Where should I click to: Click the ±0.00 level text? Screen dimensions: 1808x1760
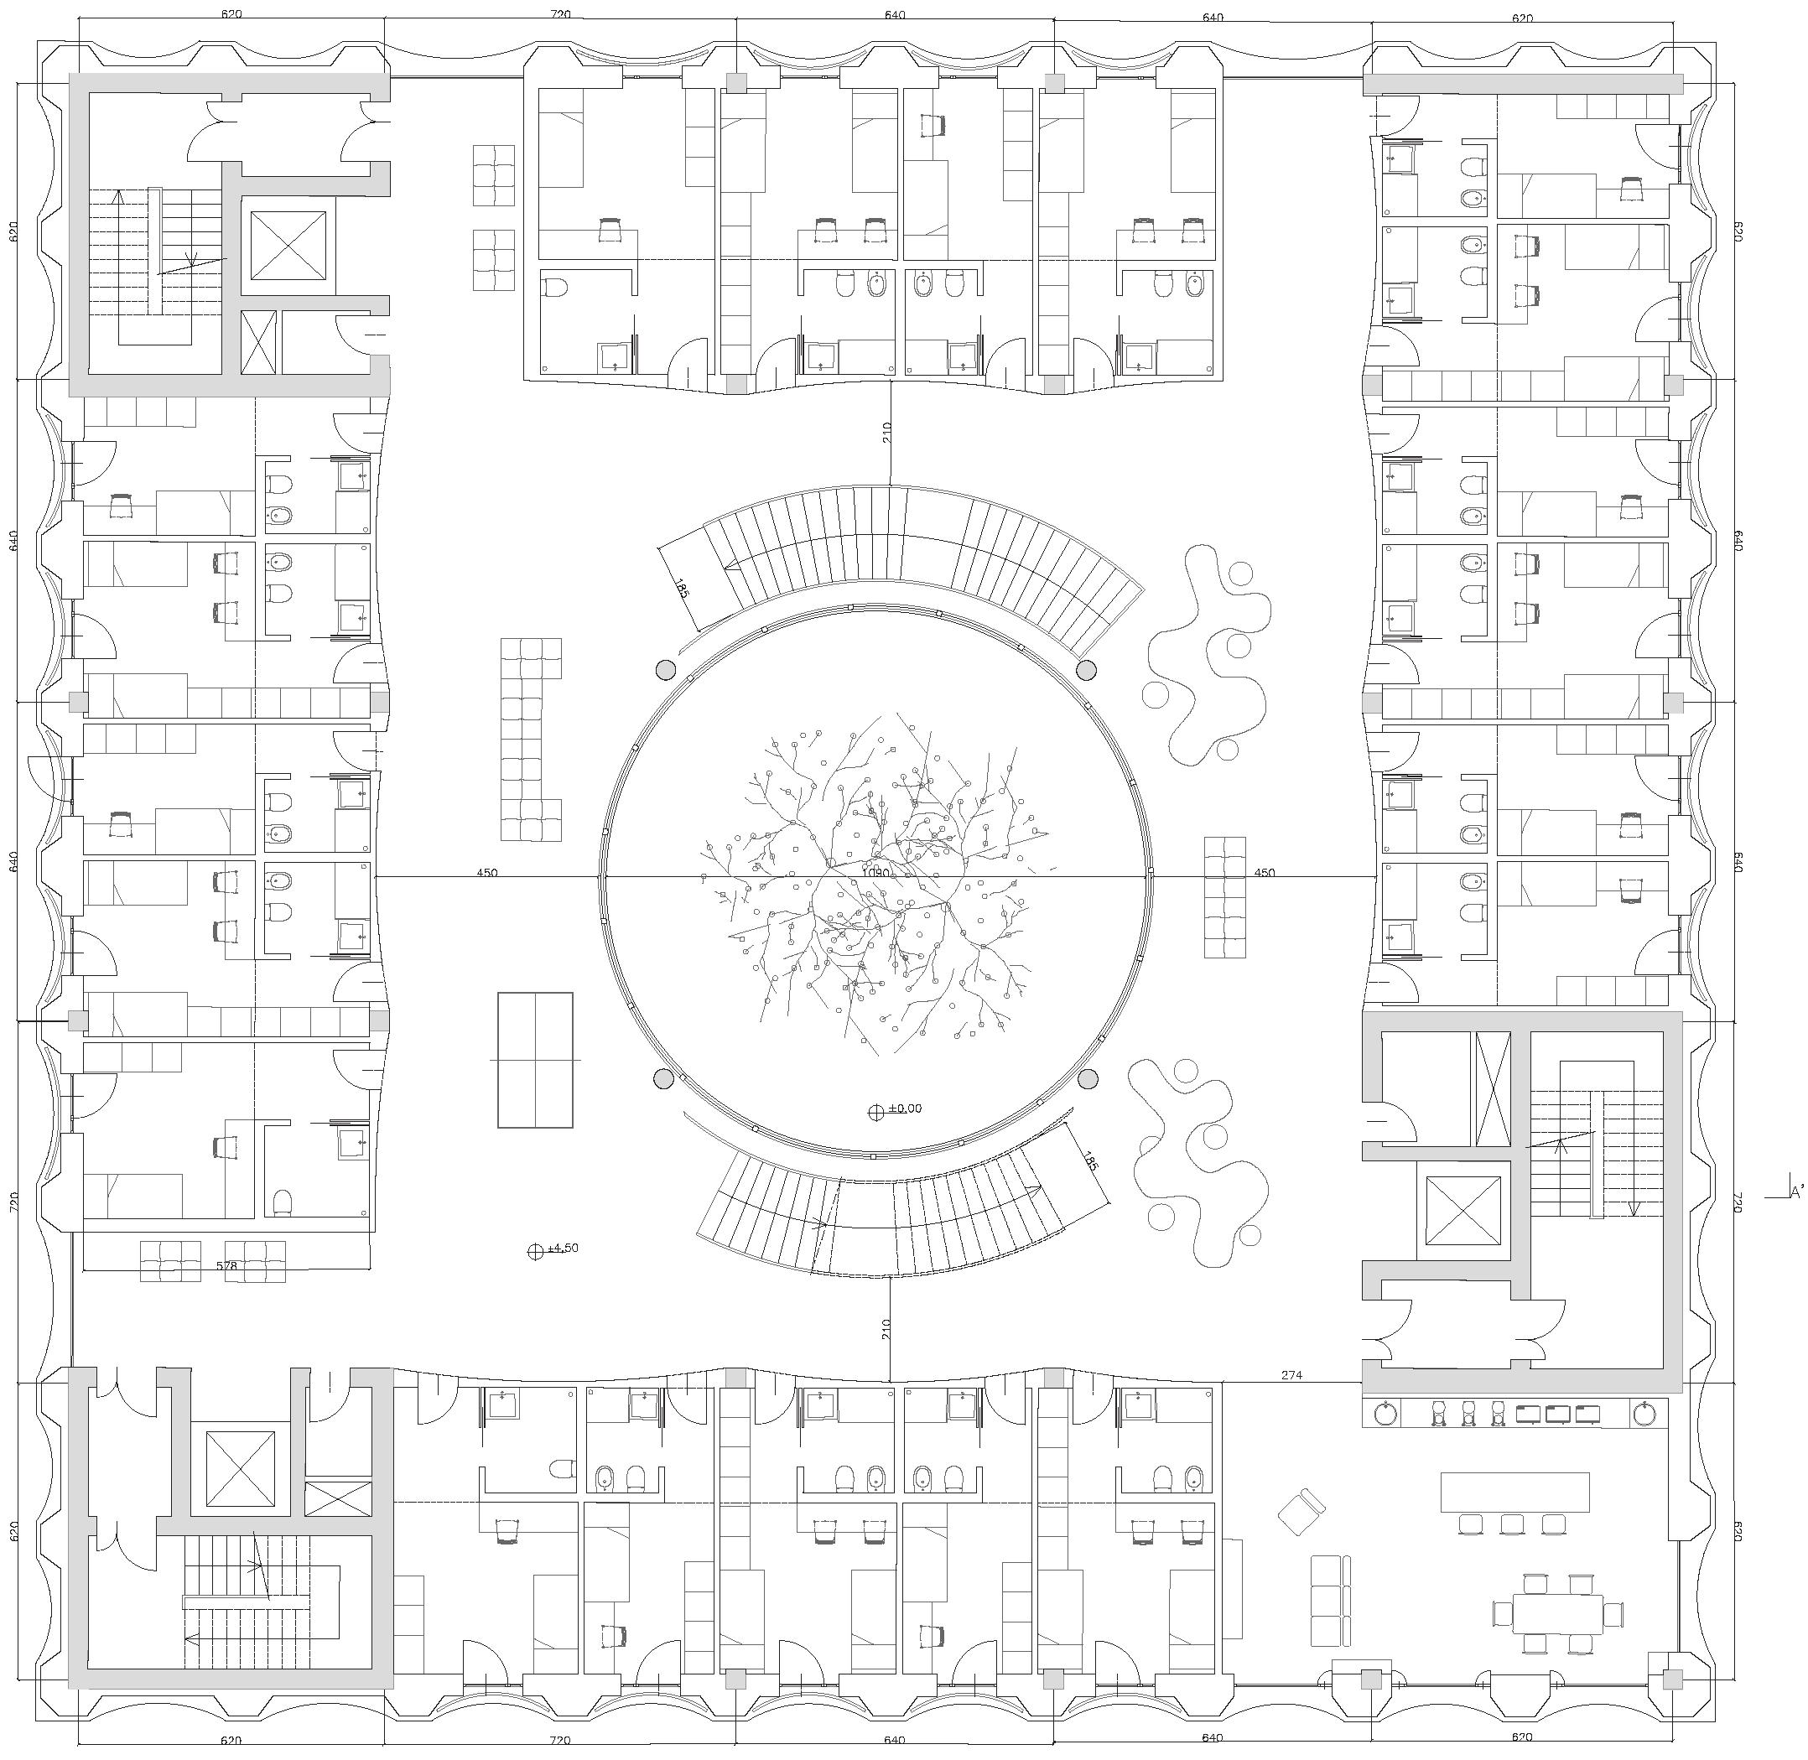[x=905, y=1108]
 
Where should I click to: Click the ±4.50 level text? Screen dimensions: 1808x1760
[x=563, y=1248]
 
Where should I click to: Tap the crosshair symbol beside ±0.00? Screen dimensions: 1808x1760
[x=876, y=1112]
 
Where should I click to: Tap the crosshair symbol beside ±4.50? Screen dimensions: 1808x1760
[x=534, y=1252]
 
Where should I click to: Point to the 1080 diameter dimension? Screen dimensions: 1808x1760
[x=875, y=872]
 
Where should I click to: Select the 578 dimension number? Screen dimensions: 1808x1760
[x=226, y=1265]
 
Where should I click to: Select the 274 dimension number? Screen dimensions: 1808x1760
[x=1291, y=1375]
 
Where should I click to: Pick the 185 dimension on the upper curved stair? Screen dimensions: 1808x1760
[x=682, y=588]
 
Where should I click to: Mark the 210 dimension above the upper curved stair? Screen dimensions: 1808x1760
[x=886, y=432]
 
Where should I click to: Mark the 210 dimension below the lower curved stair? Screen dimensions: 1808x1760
[x=886, y=1330]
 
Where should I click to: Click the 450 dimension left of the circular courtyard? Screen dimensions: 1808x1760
[x=487, y=872]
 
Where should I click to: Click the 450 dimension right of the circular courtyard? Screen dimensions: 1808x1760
[x=1265, y=872]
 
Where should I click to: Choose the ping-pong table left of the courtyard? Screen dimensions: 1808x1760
[x=535, y=1060]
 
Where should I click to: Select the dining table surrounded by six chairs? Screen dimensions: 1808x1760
[x=1559, y=1613]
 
